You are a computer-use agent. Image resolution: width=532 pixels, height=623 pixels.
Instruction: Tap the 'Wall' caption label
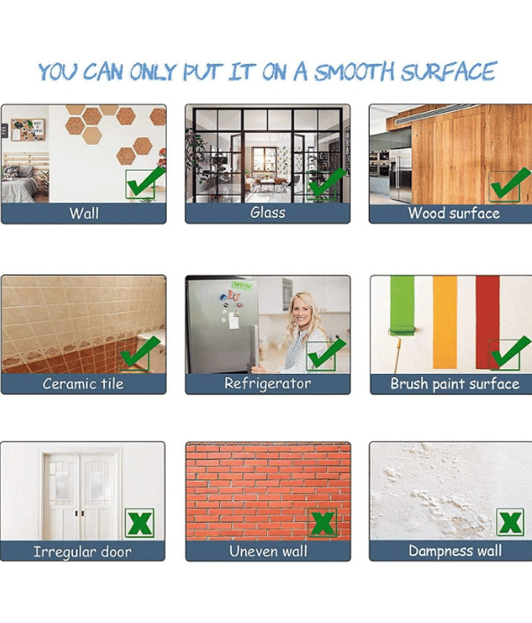coord(84,213)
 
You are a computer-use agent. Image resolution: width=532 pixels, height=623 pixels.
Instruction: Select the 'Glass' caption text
coord(268,213)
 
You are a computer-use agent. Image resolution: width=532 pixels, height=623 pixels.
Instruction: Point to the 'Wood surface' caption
coord(454,213)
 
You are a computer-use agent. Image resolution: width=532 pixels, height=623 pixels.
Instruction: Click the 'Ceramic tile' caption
coord(83,383)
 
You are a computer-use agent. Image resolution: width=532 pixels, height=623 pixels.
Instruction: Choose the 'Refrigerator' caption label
coord(268,384)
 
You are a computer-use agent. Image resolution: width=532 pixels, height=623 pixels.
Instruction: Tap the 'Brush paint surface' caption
coord(455,384)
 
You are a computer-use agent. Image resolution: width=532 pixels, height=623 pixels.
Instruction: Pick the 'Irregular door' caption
coord(83,551)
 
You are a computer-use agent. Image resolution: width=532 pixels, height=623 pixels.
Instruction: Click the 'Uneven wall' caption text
coord(268,551)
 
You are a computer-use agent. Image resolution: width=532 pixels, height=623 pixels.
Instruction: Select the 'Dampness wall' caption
coord(456,551)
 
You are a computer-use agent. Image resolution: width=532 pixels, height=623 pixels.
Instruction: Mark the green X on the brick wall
coord(322,523)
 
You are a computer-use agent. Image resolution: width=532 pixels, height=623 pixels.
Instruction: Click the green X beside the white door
coord(140,523)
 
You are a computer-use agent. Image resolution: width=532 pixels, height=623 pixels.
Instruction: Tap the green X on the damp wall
coord(510,523)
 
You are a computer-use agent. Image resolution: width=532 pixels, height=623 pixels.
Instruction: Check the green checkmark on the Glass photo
coord(326,183)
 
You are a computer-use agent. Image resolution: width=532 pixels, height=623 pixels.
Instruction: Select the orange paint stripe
coord(445,322)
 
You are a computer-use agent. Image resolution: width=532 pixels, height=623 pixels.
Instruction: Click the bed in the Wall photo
coord(25,184)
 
